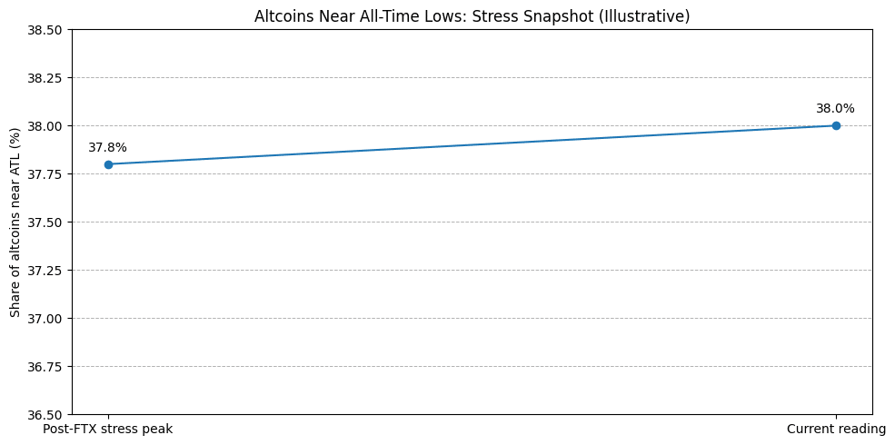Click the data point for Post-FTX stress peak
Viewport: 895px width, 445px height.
108,164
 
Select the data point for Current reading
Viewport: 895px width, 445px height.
836,125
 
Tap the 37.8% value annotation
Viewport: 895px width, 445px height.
107,147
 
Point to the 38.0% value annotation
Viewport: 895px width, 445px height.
835,108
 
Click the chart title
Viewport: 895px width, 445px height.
472,16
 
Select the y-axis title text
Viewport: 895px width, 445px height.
15,222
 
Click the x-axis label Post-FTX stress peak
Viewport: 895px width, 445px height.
108,429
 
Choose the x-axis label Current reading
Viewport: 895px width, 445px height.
836,429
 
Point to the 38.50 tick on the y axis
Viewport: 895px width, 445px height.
46,30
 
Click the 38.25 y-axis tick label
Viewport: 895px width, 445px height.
46,78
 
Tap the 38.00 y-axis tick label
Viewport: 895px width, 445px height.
46,126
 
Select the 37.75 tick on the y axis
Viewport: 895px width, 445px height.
46,174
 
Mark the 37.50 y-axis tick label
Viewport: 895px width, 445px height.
46,222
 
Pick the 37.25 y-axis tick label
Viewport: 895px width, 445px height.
46,271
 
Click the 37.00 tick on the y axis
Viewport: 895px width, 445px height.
46,319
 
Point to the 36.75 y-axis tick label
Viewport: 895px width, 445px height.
46,367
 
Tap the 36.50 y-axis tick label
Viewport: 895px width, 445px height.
46,415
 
